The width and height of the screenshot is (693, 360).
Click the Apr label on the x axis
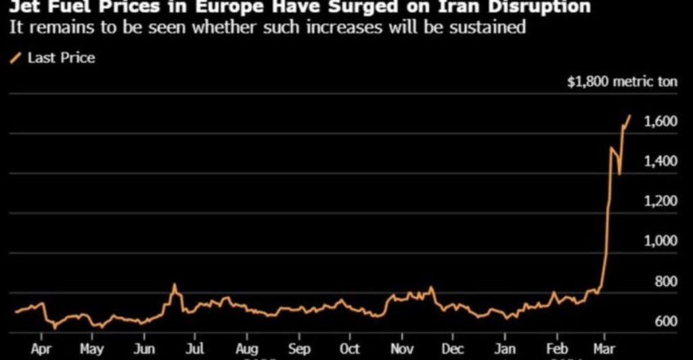[41, 349]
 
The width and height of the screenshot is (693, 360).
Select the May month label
[92, 349]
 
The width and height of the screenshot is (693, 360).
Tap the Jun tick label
[145, 349]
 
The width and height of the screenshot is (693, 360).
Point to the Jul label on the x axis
[194, 349]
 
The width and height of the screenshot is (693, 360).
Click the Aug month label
[247, 349]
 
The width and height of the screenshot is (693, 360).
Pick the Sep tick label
[298, 349]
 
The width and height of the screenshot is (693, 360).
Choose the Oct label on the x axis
[349, 349]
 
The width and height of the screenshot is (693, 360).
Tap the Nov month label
[402, 349]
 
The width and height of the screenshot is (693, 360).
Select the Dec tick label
[453, 349]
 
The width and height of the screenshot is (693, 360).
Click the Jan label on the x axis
[505, 349]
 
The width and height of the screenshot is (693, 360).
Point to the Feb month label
[557, 349]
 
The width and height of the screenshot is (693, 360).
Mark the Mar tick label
[605, 349]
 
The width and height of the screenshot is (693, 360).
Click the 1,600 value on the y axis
[661, 122]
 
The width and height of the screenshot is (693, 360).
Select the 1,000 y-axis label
[661, 241]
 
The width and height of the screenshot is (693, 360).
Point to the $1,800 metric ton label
[622, 82]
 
